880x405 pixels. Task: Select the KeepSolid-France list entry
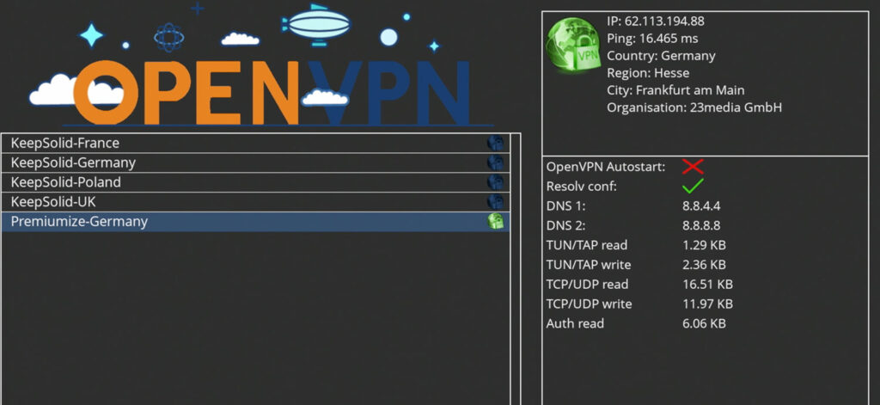(x=65, y=143)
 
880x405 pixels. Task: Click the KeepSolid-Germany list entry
(x=73, y=163)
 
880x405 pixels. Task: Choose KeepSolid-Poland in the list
(x=66, y=182)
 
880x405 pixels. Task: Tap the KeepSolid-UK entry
(x=53, y=202)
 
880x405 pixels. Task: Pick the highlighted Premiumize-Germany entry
(x=79, y=222)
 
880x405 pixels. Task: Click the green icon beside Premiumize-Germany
(x=495, y=222)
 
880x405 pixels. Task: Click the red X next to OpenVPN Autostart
(x=693, y=166)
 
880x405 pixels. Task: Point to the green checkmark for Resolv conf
(x=693, y=186)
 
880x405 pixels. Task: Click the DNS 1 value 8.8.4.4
(x=701, y=206)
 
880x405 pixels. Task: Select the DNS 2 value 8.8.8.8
(x=701, y=225)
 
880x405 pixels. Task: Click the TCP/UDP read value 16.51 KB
(x=707, y=285)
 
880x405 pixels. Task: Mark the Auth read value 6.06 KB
(x=704, y=324)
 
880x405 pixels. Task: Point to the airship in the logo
(x=319, y=24)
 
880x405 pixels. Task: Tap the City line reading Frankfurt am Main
(x=675, y=90)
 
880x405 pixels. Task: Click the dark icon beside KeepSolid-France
(x=495, y=143)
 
